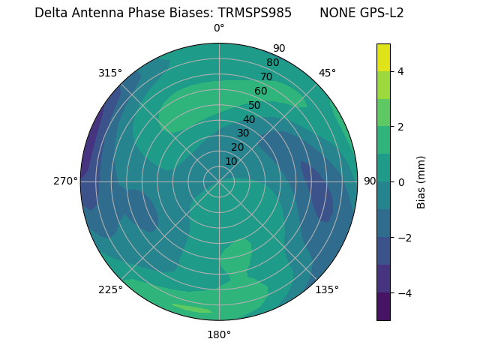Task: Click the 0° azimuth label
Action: (219, 28)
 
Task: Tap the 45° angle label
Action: (327, 73)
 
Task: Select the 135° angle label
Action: (327, 289)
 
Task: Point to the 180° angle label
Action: (219, 334)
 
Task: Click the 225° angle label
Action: (110, 289)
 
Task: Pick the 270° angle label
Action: (65, 181)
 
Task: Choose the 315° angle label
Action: (110, 73)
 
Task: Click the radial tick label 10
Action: (231, 161)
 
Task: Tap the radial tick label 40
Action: (249, 119)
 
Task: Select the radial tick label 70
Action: (266, 76)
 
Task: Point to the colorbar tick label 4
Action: (401, 71)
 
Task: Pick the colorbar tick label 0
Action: (401, 181)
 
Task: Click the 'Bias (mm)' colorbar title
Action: (421, 181)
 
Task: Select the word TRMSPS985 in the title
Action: (255, 13)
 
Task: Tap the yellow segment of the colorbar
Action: (383, 57)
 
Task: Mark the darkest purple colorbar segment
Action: (383, 306)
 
